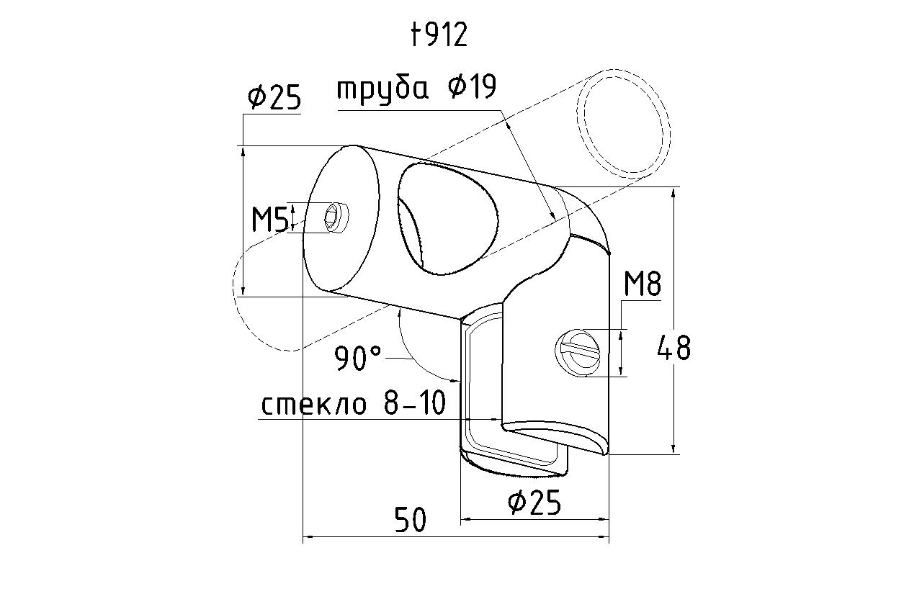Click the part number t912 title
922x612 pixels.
coord(439,35)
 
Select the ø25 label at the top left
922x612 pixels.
coord(274,99)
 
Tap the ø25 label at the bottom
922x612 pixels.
coord(534,502)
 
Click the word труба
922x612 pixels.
coord(382,90)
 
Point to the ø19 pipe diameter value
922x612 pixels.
coord(473,87)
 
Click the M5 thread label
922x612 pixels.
coord(269,220)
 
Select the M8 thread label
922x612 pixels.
coord(643,284)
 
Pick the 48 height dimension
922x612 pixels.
coord(673,348)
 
